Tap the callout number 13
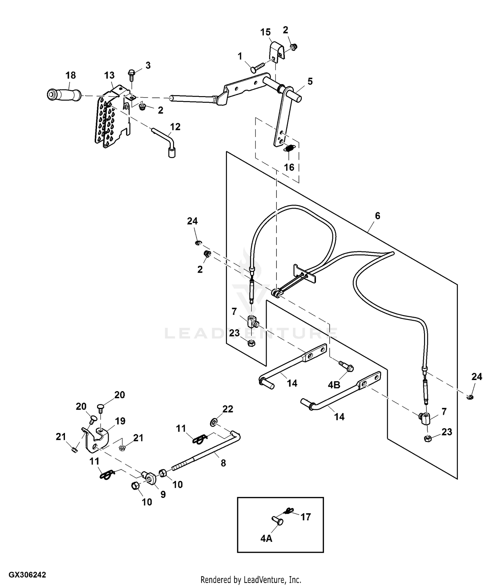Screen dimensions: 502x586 (109, 75)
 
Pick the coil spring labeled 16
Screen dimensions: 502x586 (290, 148)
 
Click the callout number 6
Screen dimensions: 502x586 (378, 216)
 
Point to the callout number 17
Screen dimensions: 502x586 (306, 517)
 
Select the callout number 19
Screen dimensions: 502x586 (120, 421)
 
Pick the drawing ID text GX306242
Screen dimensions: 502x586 (27, 575)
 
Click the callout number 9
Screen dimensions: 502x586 (163, 495)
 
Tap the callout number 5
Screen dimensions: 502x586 (310, 81)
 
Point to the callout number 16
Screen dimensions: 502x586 (289, 167)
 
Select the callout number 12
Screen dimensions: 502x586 (175, 127)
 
